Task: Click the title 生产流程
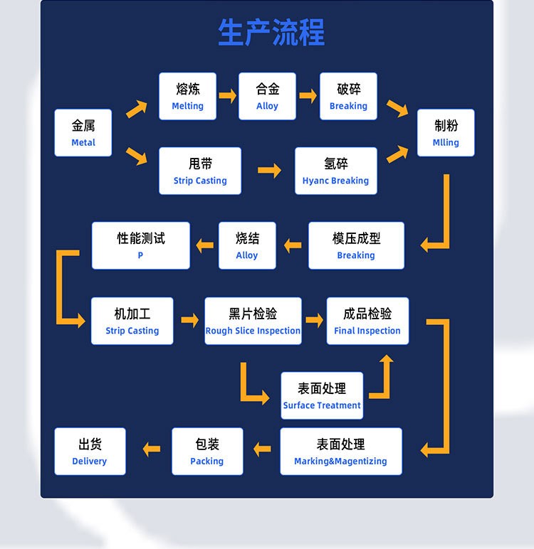[x=271, y=33]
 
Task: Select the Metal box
[x=83, y=133]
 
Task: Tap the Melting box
[x=187, y=97]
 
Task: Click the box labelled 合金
[x=268, y=97]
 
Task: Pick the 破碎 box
[x=348, y=97]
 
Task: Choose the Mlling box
[x=446, y=133]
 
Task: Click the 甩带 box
[x=200, y=171]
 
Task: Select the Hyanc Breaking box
[x=335, y=171]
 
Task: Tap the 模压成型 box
[x=356, y=246]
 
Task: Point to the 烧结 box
[x=247, y=246]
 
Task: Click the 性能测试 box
[x=141, y=246]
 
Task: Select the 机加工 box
[x=132, y=321]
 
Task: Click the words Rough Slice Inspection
[x=253, y=331]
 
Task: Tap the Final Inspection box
[x=367, y=321]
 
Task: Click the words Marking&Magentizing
[x=340, y=462]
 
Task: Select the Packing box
[x=207, y=452]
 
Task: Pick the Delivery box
[x=90, y=452]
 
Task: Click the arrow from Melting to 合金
[x=227, y=96]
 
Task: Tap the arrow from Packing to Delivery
[x=151, y=449]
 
